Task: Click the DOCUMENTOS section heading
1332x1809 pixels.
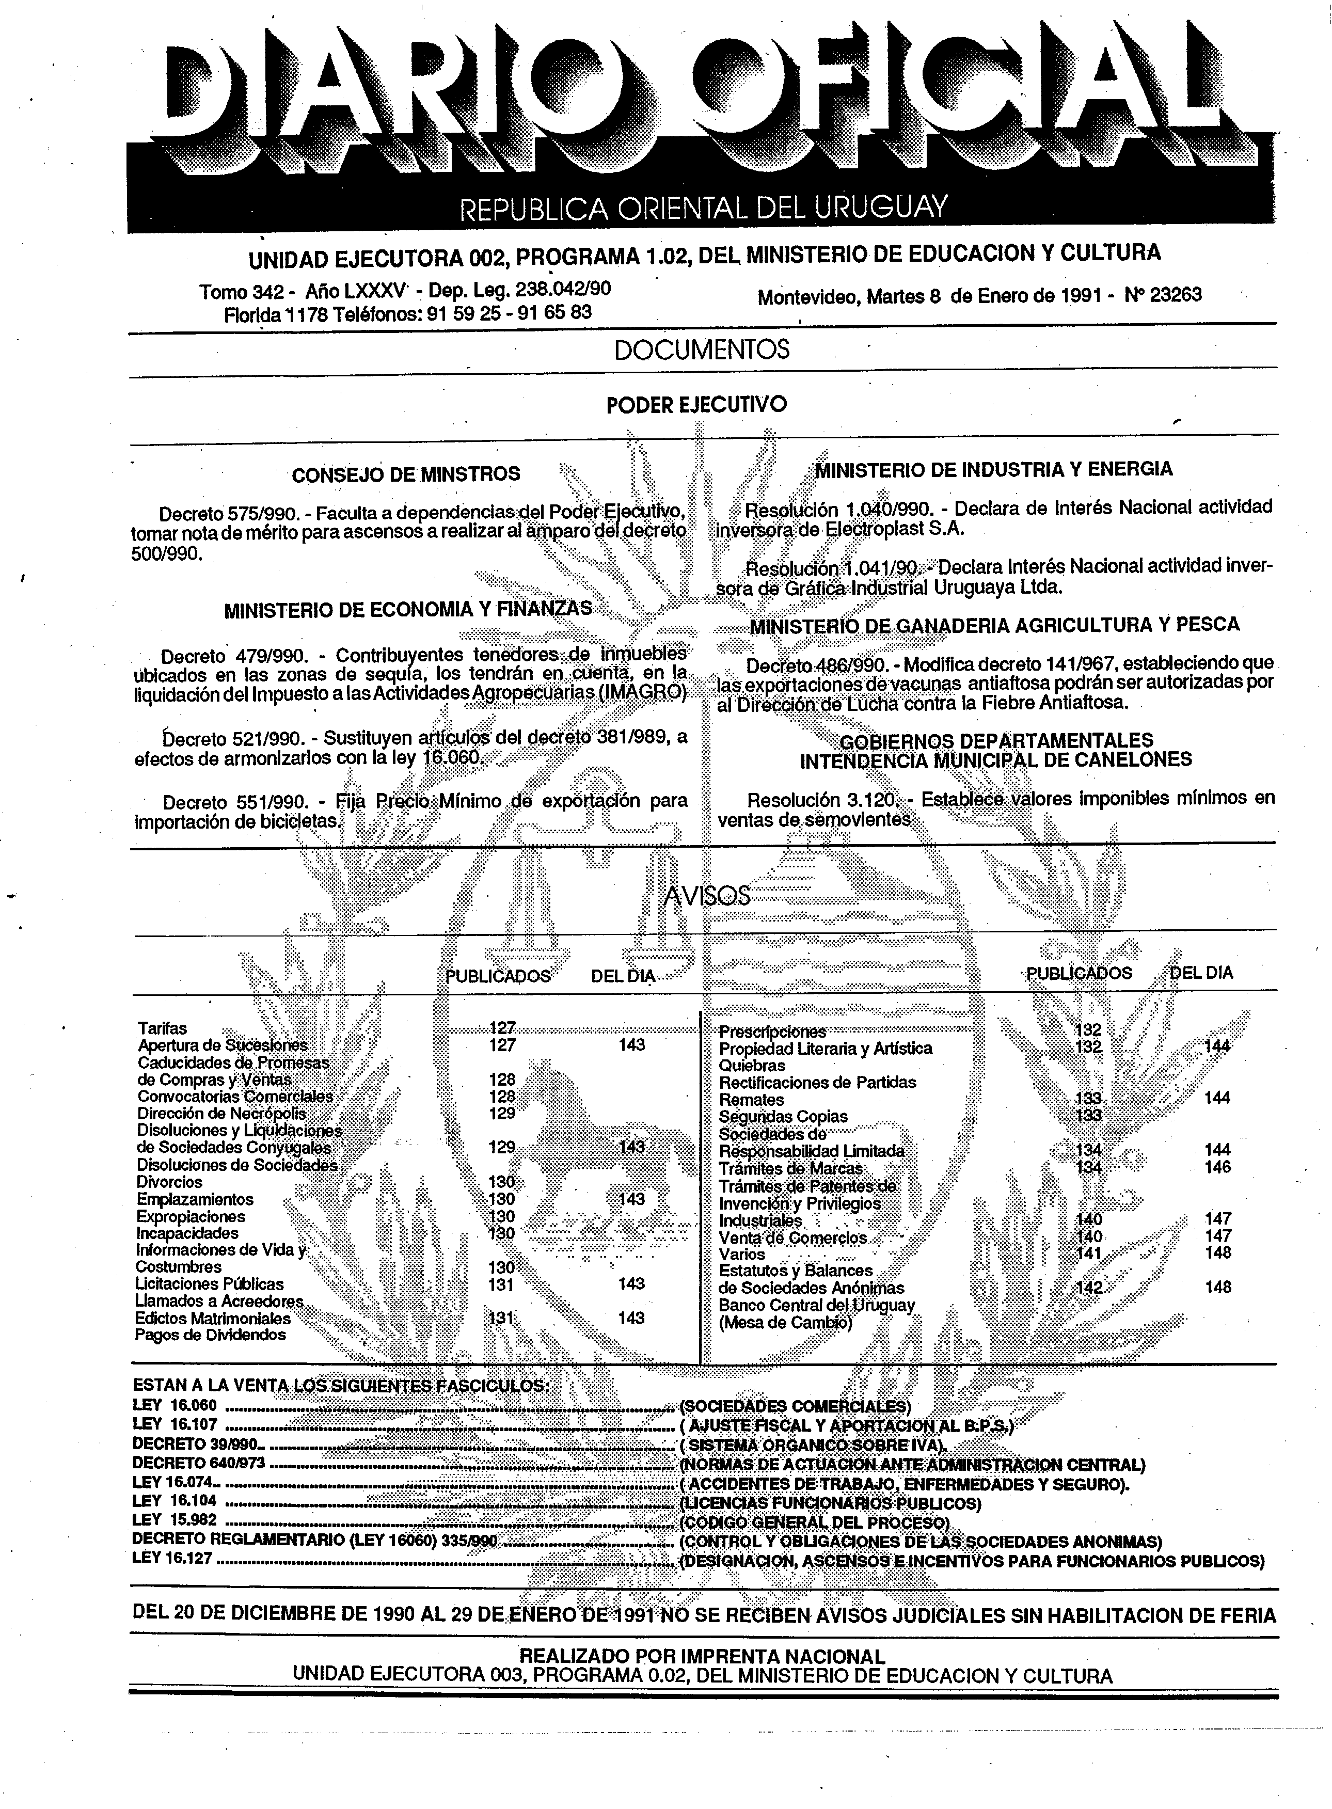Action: click(702, 350)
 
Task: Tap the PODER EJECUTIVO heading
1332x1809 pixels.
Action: click(696, 405)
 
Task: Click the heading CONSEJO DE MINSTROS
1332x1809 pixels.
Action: click(406, 474)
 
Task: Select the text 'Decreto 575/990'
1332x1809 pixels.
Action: click(233, 514)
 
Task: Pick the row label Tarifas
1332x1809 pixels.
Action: click(162, 1028)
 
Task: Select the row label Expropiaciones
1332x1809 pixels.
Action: click(191, 1216)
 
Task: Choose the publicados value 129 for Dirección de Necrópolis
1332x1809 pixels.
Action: click(501, 1113)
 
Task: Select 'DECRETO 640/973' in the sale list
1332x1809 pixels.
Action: click(198, 1463)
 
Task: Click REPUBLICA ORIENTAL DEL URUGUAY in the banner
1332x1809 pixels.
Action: click(702, 209)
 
